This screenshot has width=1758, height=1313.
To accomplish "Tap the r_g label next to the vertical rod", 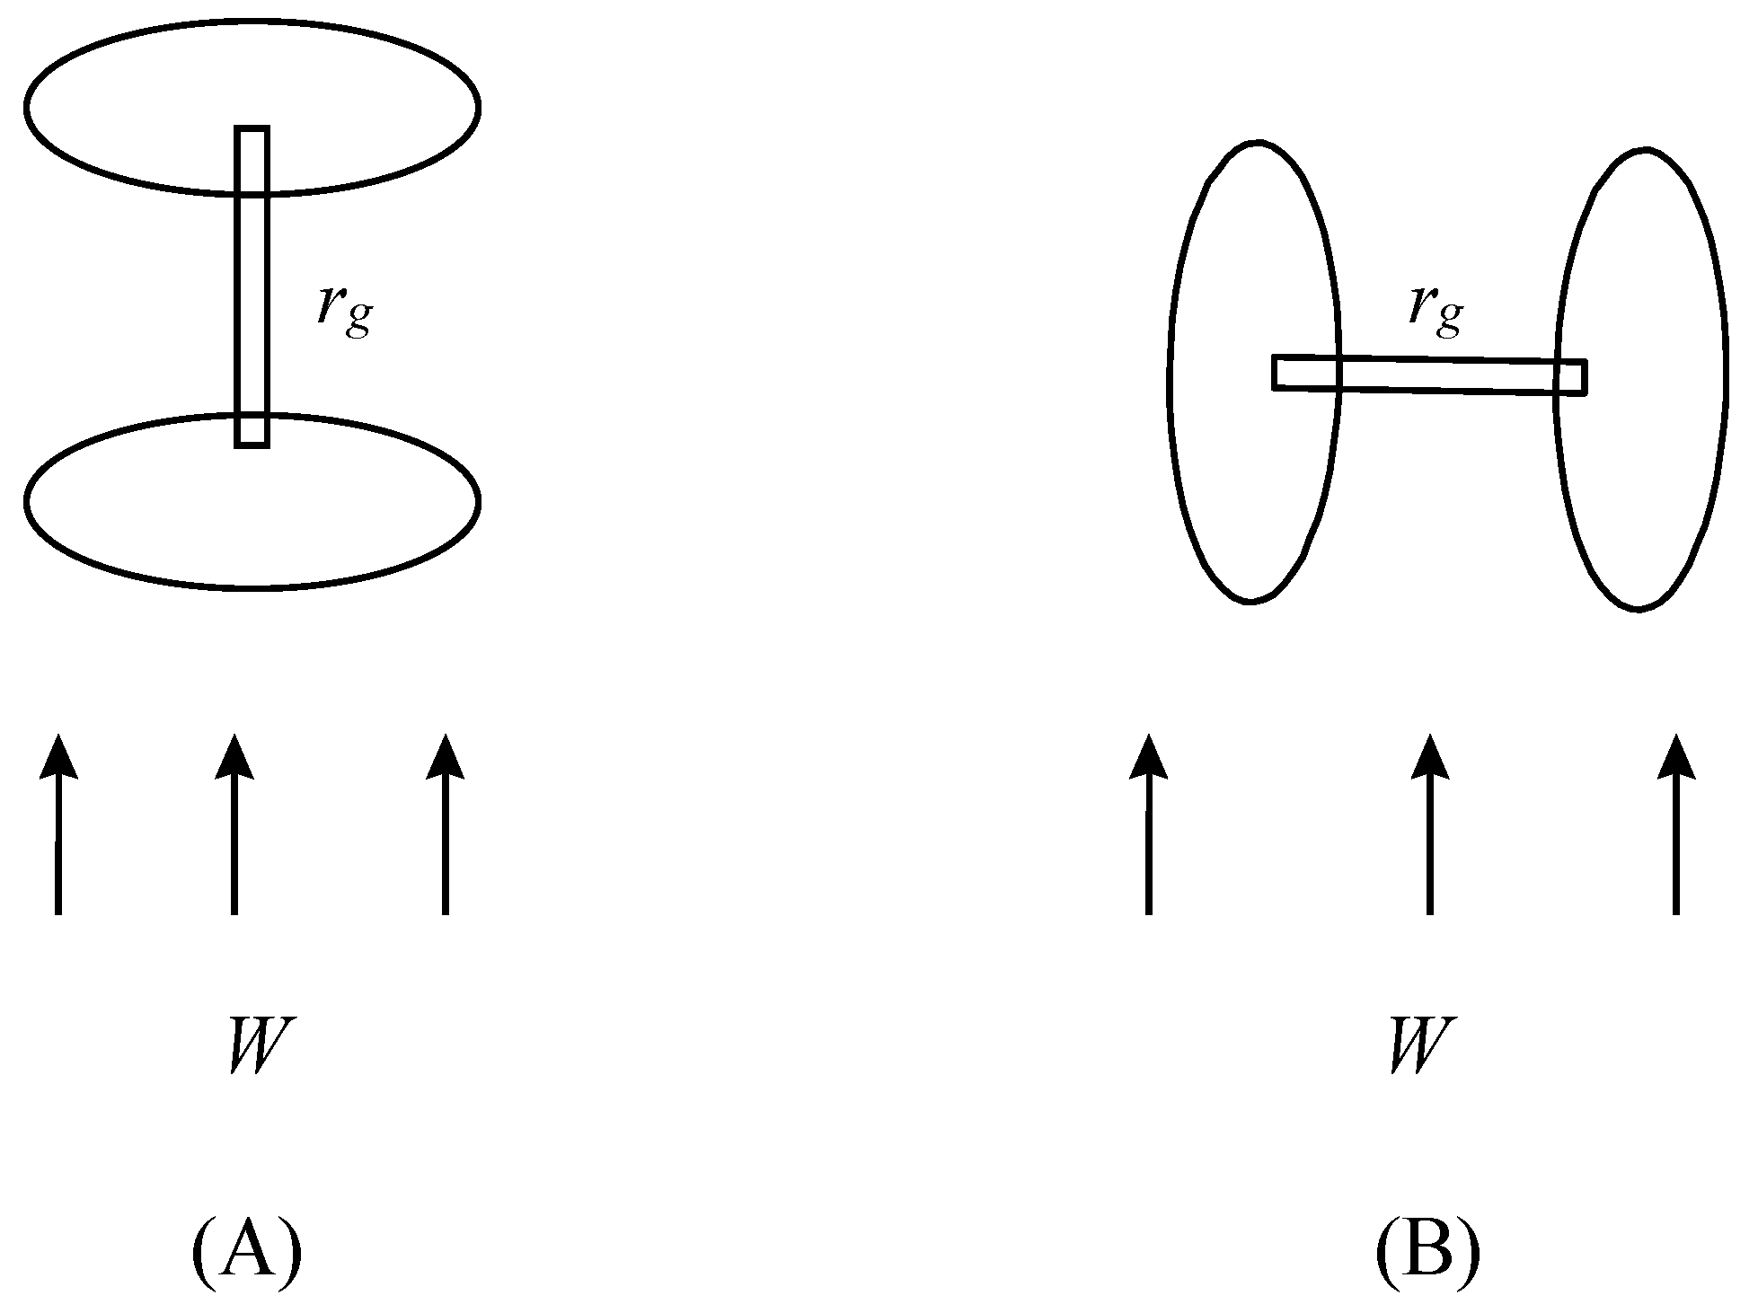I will coord(344,310).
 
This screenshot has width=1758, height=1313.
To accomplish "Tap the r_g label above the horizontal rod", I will coord(1436,309).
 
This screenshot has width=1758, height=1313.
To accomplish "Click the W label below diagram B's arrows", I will coord(1420,1044).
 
